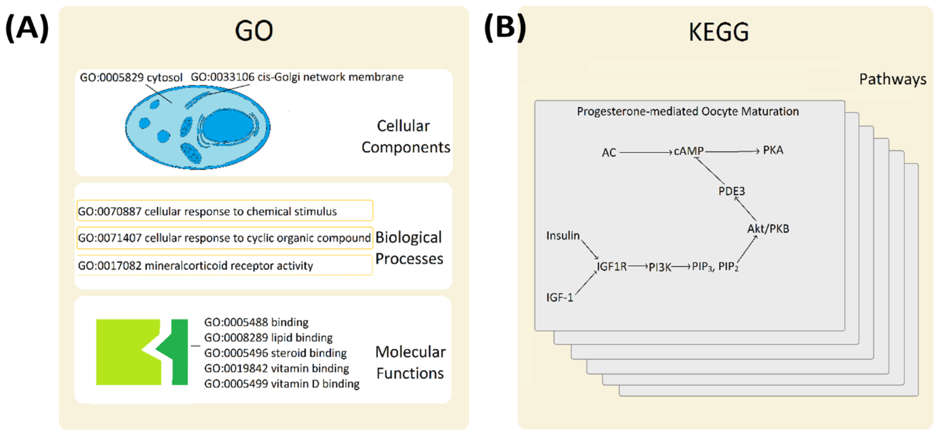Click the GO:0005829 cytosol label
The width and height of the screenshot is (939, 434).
[131, 78]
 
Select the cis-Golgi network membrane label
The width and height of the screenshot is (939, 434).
[297, 77]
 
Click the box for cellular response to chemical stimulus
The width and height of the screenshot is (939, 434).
[225, 211]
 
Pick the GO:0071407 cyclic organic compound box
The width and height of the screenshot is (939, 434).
[225, 238]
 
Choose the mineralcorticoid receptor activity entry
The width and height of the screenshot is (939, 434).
[225, 266]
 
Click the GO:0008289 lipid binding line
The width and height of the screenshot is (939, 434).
[268, 337]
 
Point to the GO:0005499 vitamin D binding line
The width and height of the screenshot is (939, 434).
[281, 383]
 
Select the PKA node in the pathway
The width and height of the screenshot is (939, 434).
[773, 150]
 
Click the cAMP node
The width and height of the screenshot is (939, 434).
[688, 151]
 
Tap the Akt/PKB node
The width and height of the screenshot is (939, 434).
[768, 229]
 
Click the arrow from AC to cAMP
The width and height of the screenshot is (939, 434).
[645, 152]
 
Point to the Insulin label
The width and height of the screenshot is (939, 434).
[563, 236]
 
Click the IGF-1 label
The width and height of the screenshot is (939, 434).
[559, 298]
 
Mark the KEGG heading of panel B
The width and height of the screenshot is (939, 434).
[719, 32]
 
